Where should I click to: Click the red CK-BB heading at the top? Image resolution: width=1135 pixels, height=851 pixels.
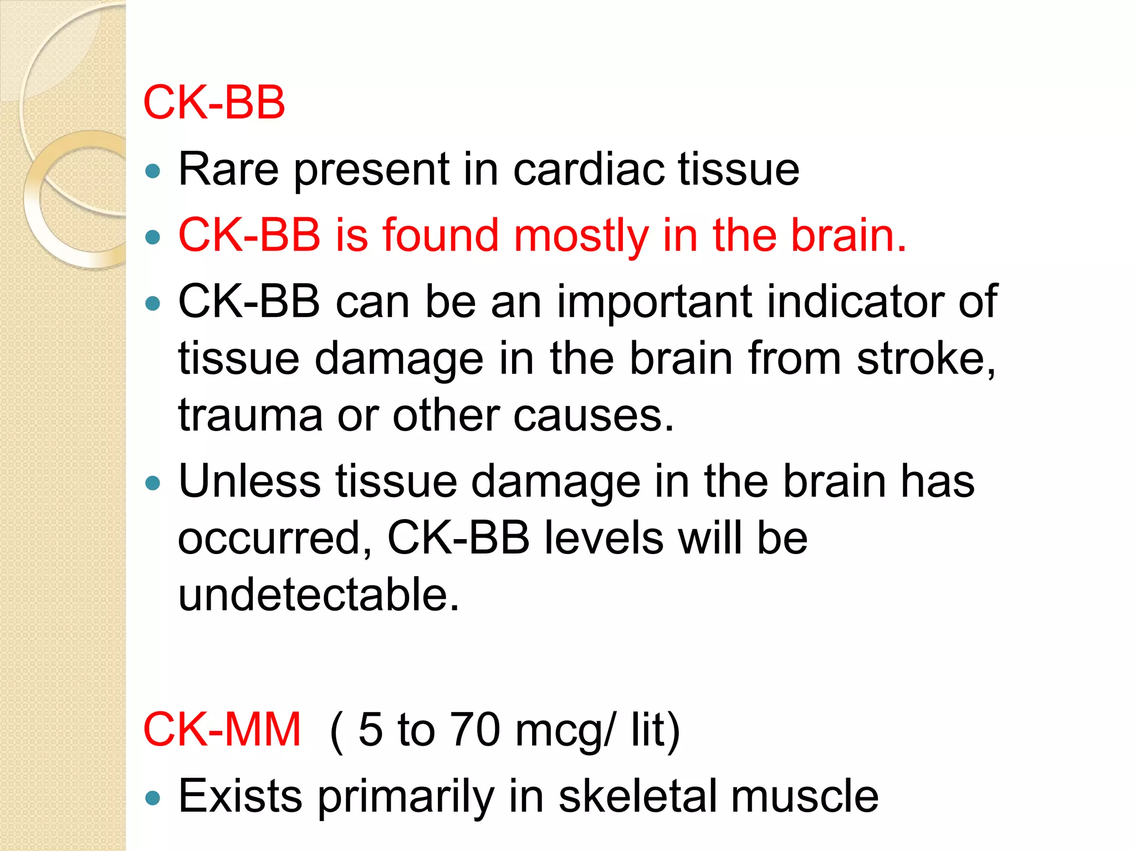point(214,102)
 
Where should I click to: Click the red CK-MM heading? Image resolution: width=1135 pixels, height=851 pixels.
point(222,730)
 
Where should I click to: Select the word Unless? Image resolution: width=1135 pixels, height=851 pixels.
point(249,481)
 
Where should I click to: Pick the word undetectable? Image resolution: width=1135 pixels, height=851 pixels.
point(319,594)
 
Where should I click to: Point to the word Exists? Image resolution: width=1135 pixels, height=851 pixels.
point(240,796)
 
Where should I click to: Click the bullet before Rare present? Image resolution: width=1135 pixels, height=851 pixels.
point(152,171)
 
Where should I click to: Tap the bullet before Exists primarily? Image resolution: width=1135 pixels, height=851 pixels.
point(152,798)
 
